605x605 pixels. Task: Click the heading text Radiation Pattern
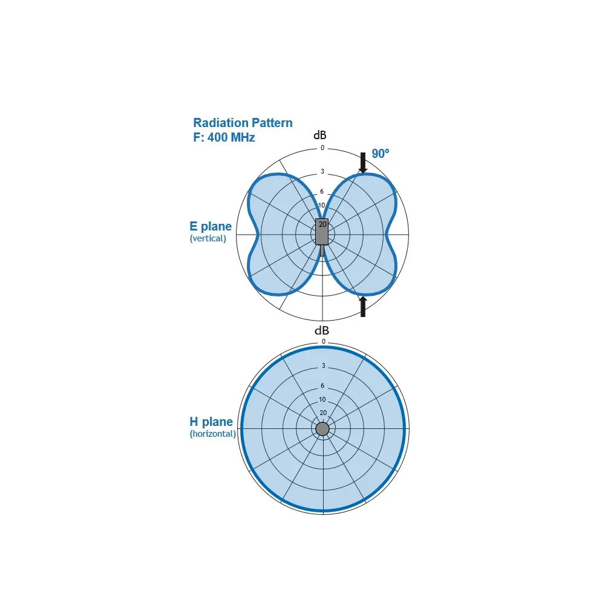click(x=243, y=123)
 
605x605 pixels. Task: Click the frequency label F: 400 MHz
click(x=224, y=137)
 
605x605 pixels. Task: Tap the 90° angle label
click(x=381, y=154)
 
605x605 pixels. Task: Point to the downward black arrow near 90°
click(x=362, y=163)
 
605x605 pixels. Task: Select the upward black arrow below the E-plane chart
click(x=362, y=306)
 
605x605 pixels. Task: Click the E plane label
click(x=211, y=226)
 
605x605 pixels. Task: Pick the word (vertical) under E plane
click(x=208, y=238)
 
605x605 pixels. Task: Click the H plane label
click(x=211, y=421)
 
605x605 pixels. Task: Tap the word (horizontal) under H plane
click(x=212, y=434)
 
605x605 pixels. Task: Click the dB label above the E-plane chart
click(x=320, y=135)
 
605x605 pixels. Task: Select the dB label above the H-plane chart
click(x=322, y=331)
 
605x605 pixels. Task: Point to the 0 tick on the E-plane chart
click(x=322, y=148)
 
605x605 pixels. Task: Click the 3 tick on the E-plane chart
click(x=322, y=171)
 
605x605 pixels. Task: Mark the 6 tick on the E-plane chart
click(x=322, y=191)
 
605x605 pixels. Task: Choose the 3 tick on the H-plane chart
click(x=323, y=365)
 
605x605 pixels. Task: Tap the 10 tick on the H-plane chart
click(x=322, y=399)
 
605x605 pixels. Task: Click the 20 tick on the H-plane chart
click(x=323, y=413)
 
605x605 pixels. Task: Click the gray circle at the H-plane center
click(x=322, y=429)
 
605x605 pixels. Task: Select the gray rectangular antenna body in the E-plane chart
click(x=322, y=232)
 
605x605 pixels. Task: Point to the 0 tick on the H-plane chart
click(x=323, y=341)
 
